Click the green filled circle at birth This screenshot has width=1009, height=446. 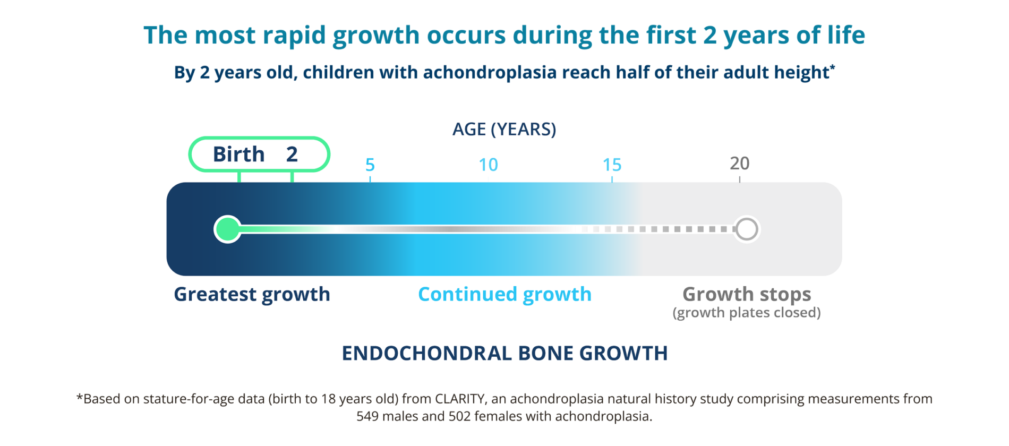pos(228,229)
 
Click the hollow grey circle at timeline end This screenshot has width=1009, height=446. pos(747,229)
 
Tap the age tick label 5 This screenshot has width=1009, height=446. pos(370,165)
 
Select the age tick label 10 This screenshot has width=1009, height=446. pos(488,165)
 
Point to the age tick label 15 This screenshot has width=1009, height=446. pos(612,165)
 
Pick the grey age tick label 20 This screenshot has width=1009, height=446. pos(739,164)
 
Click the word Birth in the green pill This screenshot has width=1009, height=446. pos(238,155)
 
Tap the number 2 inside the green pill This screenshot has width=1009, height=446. pos(292,155)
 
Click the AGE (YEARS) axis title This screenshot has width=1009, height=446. pos(504,129)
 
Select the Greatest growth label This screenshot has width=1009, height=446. pos(252,294)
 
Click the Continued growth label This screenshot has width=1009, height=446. pos(504,294)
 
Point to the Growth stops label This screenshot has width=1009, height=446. pos(746,294)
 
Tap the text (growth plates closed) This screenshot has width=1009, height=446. pos(746,313)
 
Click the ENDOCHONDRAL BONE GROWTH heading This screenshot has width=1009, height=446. pos(504,353)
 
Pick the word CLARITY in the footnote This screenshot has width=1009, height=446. pos(459,399)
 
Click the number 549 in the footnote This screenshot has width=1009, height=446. pos(367,416)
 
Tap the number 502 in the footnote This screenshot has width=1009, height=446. pos(460,416)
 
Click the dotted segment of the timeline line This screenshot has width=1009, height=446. pos(664,229)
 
